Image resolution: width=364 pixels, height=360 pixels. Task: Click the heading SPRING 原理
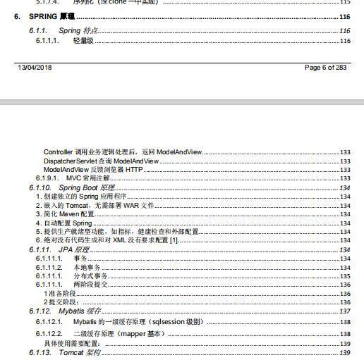pos(51,16)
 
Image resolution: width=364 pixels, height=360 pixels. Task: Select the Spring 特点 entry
pos(78,31)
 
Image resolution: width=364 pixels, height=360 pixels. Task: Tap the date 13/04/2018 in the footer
pos(35,68)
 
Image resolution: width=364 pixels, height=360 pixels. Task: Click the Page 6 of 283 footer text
pos(325,68)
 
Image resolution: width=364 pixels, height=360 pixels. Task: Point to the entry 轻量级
pos(83,41)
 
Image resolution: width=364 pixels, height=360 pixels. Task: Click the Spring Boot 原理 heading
pos(86,188)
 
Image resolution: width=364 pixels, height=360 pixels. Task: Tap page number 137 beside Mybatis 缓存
pos(345,311)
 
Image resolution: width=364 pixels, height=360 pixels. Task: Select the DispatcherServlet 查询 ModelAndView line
pos(102,161)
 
